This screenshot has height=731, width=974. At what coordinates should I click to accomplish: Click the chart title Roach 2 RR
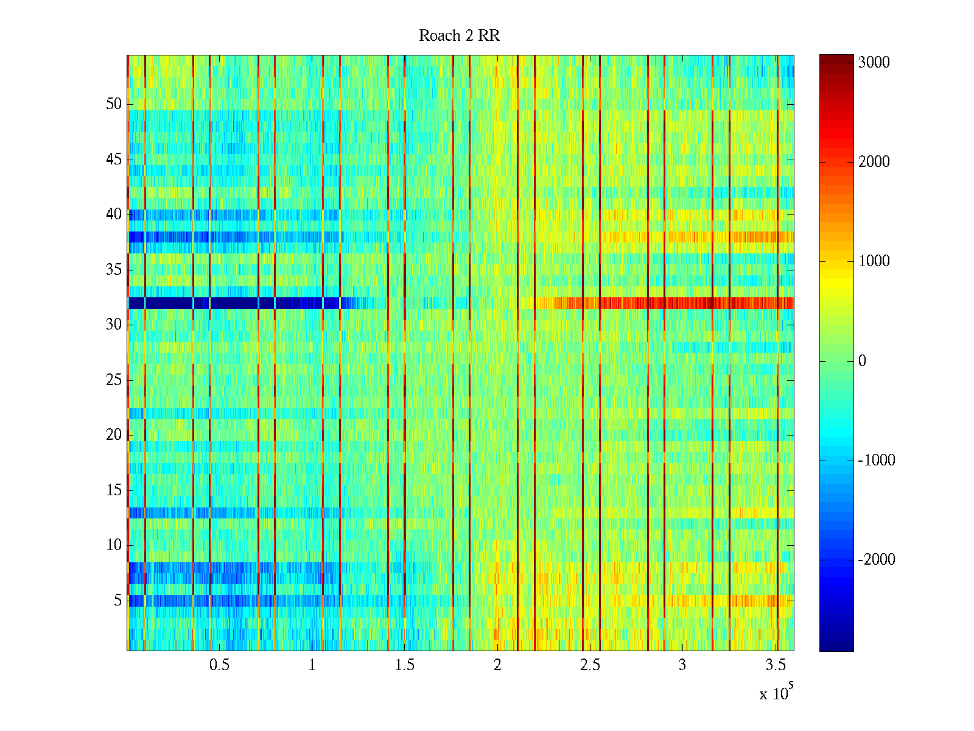(459, 36)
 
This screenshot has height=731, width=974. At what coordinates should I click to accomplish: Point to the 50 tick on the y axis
(114, 104)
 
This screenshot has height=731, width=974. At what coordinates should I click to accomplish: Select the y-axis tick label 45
(114, 160)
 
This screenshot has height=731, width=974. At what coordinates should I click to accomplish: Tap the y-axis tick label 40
(114, 214)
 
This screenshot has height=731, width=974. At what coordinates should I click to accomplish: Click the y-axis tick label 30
(114, 325)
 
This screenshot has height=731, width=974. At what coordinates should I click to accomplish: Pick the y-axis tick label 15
(114, 490)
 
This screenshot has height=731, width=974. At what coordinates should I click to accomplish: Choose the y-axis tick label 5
(117, 601)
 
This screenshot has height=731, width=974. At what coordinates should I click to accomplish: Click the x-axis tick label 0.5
(219, 665)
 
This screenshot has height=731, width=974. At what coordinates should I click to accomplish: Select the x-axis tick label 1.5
(404, 665)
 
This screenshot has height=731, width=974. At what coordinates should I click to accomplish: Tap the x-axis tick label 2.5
(590, 665)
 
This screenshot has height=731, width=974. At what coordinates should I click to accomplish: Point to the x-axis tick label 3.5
(775, 665)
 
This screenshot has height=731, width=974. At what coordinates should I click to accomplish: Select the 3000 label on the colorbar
(874, 63)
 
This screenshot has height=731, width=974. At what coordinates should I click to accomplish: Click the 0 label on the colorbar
(862, 361)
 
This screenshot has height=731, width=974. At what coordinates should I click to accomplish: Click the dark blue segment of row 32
(231, 303)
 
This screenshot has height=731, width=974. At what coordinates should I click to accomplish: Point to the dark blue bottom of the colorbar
(836, 646)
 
